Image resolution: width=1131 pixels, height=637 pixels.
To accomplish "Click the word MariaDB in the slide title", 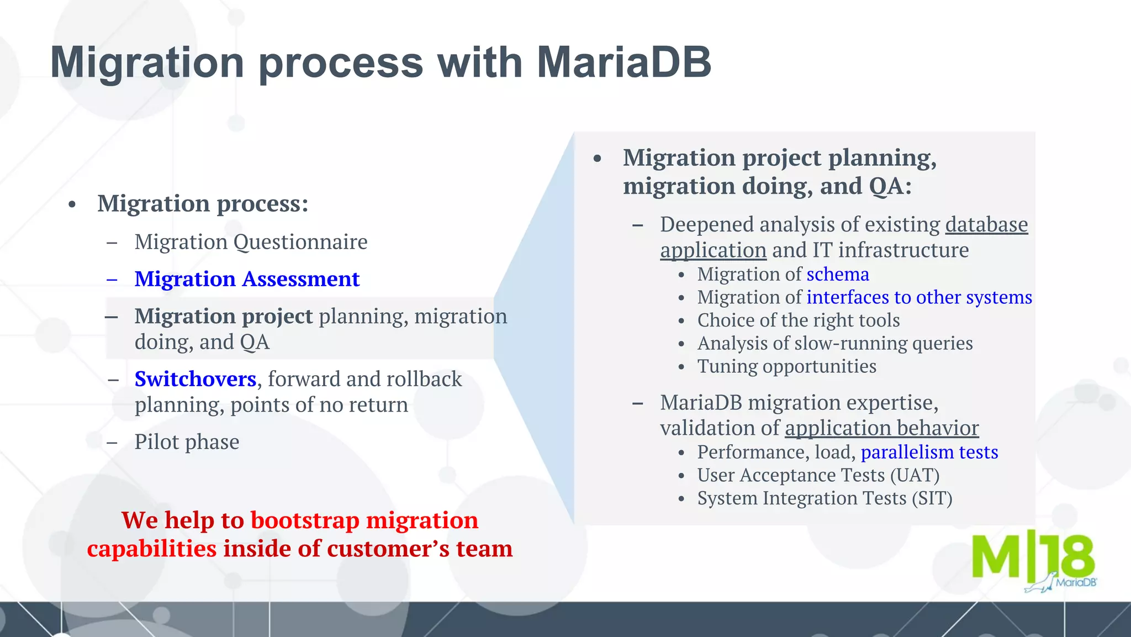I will pos(623,62).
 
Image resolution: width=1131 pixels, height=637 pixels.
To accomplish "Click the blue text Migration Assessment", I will pos(247,279).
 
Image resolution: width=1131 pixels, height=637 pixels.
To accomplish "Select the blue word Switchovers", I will pos(195,379).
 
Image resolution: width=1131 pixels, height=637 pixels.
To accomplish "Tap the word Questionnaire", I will pos(300,242).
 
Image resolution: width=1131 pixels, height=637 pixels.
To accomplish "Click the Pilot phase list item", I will pos(187,442).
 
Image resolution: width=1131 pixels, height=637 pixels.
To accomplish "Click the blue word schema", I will pos(838,274).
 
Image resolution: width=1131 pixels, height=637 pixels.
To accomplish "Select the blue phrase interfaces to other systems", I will pos(919,297).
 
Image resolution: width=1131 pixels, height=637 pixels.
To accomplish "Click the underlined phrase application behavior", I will pos(881,428).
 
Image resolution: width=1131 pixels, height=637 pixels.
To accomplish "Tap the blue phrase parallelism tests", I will pos(929,452).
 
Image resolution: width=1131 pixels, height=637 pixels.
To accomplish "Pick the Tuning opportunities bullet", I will pos(786,366).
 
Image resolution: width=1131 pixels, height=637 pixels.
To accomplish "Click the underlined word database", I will pos(986,225).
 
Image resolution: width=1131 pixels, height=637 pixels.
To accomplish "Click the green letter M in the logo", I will pos(996,557).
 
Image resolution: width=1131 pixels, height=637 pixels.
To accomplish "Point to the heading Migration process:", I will pos(203,203).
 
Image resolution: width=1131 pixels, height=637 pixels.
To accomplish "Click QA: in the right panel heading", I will pos(890,186).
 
